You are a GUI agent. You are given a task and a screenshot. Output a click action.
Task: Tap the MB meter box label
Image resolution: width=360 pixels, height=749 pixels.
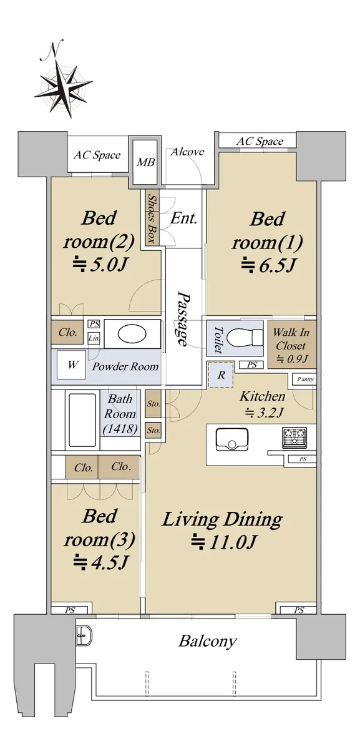tap(146, 162)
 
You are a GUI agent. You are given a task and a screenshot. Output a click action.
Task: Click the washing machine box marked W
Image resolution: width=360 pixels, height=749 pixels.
tap(71, 365)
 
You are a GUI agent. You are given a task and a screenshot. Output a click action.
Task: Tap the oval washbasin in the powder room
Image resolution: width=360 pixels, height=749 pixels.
tap(132, 335)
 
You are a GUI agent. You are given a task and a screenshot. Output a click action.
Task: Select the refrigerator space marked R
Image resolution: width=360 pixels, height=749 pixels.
tap(221, 375)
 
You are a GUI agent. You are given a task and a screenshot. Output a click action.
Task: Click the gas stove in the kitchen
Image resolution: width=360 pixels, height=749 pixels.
tap(295, 438)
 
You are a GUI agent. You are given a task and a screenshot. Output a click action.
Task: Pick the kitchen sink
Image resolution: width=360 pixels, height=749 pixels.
tap(232, 439)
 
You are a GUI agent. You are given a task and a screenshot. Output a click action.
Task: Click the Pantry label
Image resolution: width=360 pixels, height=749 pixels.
tap(306, 379)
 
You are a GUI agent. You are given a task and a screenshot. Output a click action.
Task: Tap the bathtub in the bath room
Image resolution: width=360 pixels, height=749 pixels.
tap(82, 419)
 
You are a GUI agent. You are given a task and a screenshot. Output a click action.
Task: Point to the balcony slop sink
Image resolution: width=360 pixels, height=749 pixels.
tap(82, 635)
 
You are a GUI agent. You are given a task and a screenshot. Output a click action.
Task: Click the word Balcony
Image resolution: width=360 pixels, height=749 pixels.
tap(208, 641)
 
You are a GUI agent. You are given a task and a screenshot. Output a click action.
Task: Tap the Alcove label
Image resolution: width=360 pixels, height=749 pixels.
tap(187, 152)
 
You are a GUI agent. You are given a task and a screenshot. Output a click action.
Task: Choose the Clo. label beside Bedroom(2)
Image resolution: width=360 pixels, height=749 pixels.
tap(67, 332)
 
